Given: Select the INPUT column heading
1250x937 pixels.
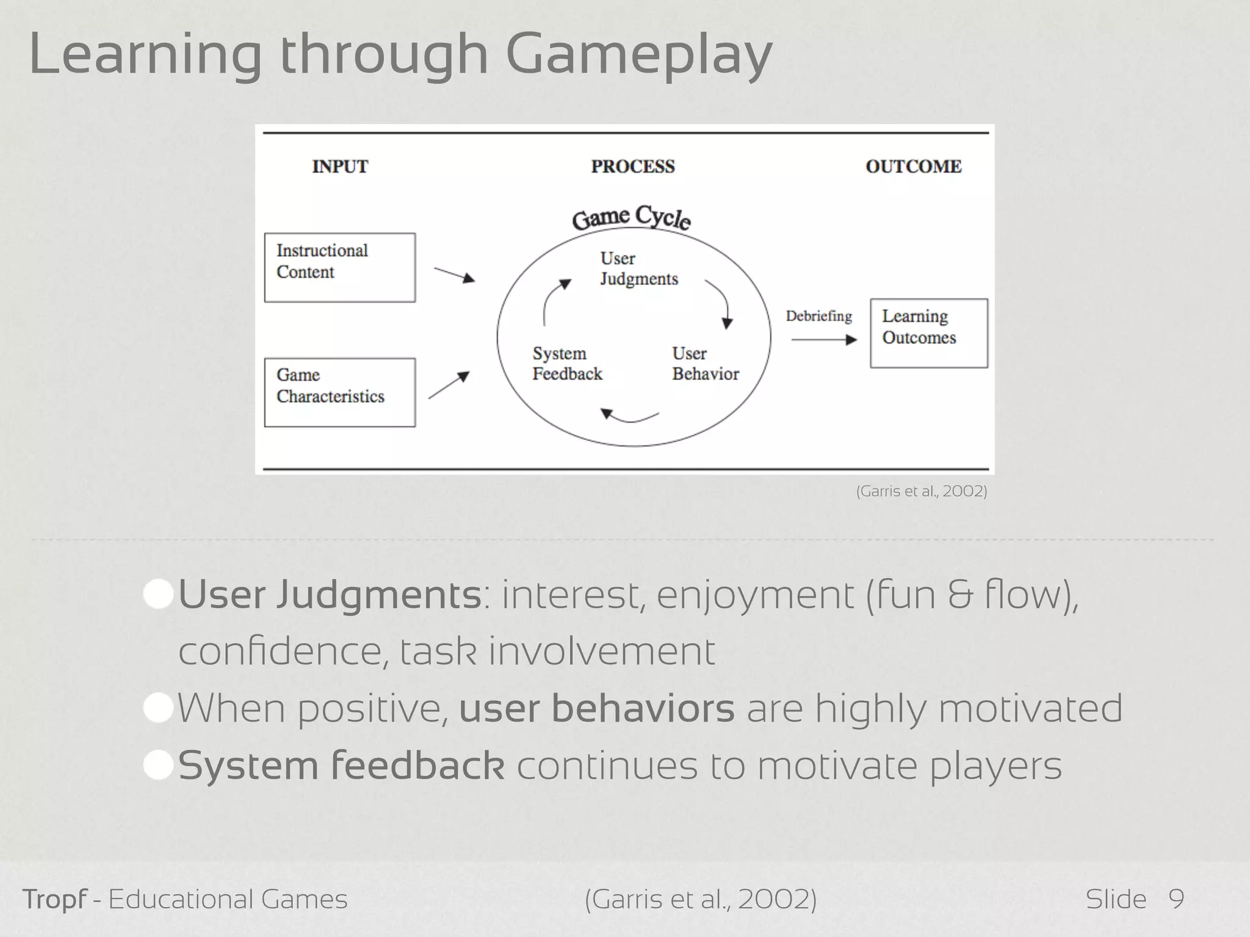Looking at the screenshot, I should pos(340,167).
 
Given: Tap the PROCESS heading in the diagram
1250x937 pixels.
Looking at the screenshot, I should pos(633,167).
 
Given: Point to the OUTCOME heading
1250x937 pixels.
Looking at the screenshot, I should pos(913,167).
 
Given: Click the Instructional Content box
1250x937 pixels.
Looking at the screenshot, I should pos(339,267).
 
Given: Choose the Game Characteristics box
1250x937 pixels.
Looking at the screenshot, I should pos(339,392).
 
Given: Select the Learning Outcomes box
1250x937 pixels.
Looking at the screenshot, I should pos(928,332).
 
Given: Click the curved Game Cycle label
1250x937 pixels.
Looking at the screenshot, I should pos(632,218).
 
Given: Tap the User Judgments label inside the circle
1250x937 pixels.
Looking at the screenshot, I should pos(638,268).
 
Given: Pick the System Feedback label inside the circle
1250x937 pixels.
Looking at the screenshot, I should pos(567,364).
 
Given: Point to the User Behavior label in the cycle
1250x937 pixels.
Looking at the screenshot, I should pos(705,364).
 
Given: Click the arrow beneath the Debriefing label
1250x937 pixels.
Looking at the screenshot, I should pos(824,340).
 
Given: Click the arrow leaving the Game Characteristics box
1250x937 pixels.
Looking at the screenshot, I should pos(449,386).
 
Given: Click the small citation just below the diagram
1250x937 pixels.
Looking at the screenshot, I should pos(921,491).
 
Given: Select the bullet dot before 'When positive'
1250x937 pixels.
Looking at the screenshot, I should pos(158,709).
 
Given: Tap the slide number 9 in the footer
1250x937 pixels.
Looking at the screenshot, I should pos(1176,899).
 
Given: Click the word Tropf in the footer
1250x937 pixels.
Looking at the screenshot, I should pos(54,900).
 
